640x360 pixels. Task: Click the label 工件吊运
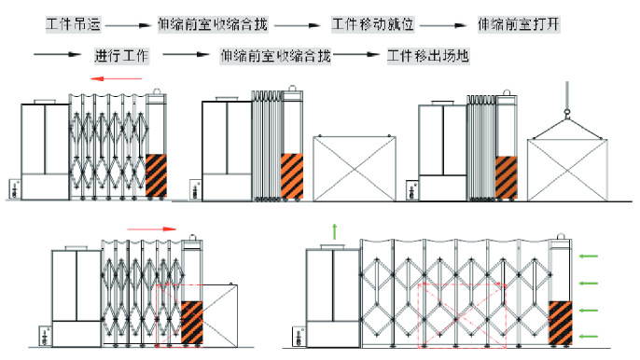[x=73, y=24]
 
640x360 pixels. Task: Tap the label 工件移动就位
[x=372, y=24]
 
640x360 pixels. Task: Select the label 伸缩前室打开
[x=519, y=24]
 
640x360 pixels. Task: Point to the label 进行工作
[x=121, y=56]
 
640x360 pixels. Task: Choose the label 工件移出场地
[x=427, y=56]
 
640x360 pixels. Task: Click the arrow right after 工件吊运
[x=128, y=25]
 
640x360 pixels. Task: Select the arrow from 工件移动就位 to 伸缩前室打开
[x=443, y=25]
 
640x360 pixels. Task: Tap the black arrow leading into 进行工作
[x=57, y=54]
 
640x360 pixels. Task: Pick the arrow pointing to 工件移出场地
[x=356, y=54]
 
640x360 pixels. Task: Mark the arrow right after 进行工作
[x=186, y=54]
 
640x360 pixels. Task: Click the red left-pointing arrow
[x=117, y=78]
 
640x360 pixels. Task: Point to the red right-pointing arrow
[x=151, y=229]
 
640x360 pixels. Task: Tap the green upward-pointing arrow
[x=335, y=231]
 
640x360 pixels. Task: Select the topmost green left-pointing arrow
[x=588, y=256]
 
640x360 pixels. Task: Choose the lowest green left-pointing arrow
[x=588, y=337]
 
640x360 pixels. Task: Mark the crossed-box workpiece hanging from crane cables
[x=567, y=170]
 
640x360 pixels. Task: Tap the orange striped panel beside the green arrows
[x=561, y=323]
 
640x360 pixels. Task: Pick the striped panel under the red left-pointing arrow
[x=157, y=175]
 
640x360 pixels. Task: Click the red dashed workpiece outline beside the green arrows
[x=462, y=315]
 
